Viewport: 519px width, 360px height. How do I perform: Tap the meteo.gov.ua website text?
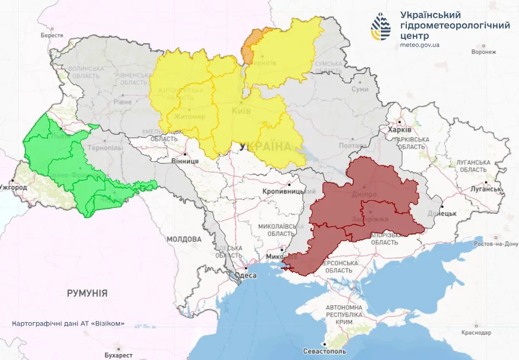420,45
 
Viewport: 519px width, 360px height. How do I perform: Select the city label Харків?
400,130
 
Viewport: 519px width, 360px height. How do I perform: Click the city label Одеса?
248,275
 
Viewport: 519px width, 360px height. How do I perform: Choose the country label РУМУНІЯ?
87,293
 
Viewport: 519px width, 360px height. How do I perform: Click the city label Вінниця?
184,161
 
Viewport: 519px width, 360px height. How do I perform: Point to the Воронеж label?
484,52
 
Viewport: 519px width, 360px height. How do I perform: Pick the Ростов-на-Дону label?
495,244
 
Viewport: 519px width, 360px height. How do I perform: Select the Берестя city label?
52,35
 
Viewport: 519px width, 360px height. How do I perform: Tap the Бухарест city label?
119,355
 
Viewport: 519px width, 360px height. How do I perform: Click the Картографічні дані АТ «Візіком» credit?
68,324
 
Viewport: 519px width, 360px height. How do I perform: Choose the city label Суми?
360,89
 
